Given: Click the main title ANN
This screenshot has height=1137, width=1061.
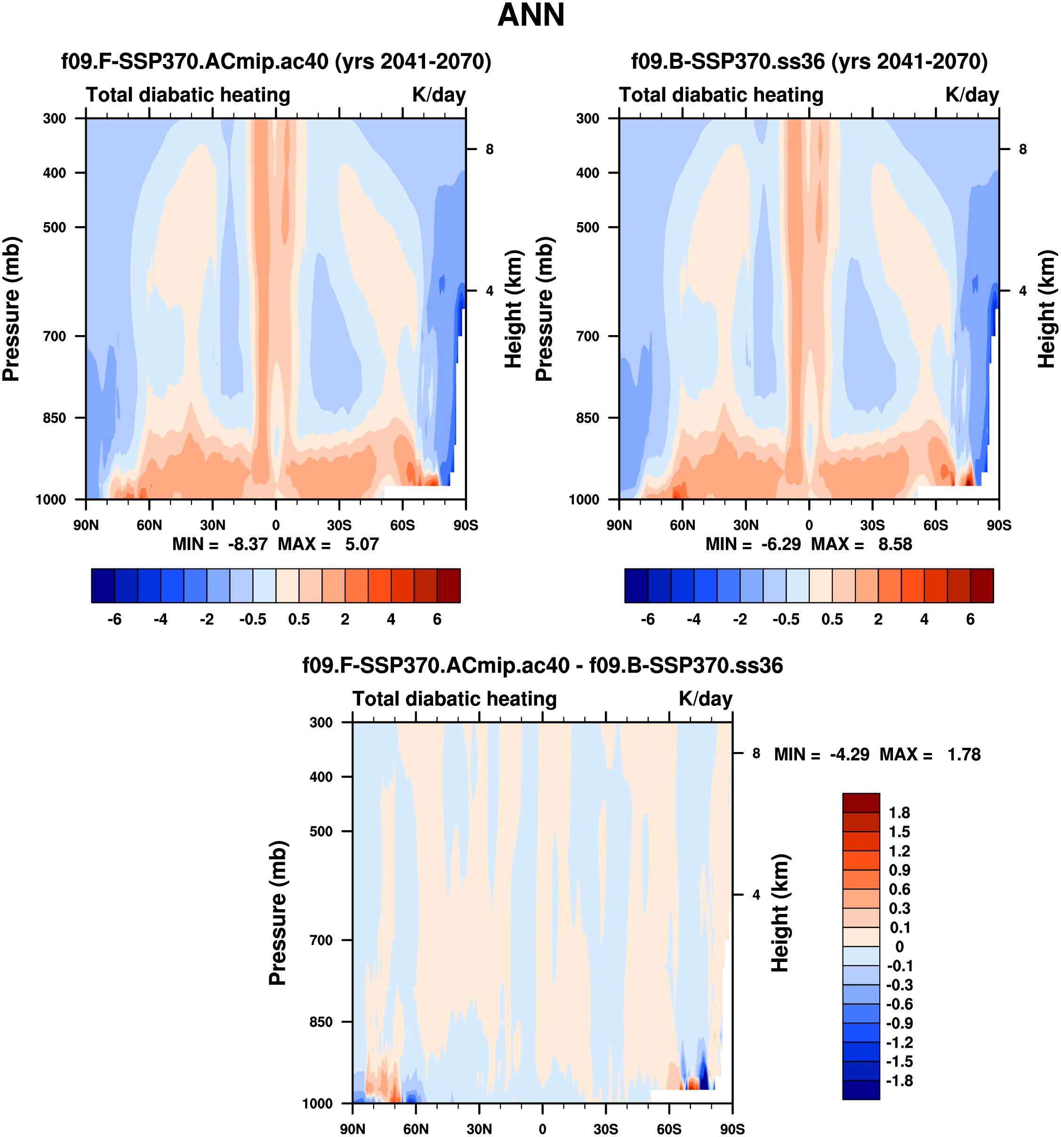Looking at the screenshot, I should click(531, 16).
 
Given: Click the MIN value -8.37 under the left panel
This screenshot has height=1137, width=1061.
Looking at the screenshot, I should click(248, 544).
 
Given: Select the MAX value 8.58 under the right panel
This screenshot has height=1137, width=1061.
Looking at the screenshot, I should click(895, 544).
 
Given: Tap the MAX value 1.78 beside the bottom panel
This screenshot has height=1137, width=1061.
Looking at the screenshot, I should click(964, 754).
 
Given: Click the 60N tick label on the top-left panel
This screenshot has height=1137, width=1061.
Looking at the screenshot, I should click(149, 525).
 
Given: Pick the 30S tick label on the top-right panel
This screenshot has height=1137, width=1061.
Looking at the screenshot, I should click(872, 525).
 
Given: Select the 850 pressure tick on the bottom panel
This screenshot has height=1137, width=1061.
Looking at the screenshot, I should click(321, 1022).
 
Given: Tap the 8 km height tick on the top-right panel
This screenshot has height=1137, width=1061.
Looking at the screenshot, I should click(1023, 149).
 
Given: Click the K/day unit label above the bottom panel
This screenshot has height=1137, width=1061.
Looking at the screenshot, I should click(705, 699).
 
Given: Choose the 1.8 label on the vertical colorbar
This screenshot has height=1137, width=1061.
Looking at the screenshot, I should click(899, 813).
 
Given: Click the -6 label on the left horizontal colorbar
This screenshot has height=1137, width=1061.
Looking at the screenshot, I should click(114, 619).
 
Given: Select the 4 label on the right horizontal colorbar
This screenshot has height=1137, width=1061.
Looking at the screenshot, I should click(924, 619).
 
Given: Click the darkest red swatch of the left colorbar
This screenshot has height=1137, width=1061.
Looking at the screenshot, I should click(449, 585).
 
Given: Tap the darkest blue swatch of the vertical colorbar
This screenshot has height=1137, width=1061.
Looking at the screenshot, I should click(861, 1089).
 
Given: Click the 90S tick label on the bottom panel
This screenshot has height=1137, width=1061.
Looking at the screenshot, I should click(732, 1129).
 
